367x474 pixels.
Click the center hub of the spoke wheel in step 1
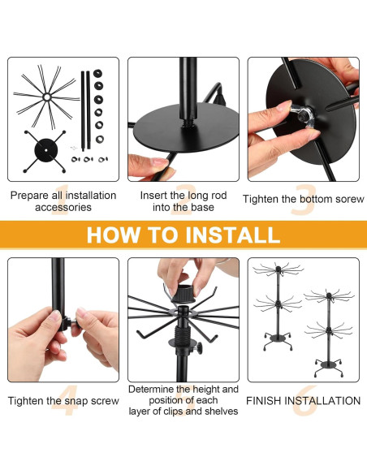(46, 97)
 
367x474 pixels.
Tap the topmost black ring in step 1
(97, 74)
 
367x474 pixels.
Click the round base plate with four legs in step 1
(45, 150)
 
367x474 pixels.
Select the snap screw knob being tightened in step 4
(74, 322)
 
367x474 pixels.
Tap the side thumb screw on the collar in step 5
(198, 348)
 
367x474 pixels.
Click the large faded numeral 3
(304, 200)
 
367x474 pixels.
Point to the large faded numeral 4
(65, 400)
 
